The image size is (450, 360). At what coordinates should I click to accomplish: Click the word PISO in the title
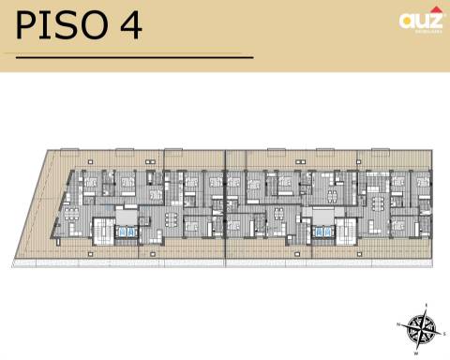[63, 25]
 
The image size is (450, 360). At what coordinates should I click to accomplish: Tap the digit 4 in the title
[130, 25]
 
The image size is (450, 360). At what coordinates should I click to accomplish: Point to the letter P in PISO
[27, 25]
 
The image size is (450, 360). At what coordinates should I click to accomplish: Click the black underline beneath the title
[134, 57]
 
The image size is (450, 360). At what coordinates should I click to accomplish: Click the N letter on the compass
[399, 323]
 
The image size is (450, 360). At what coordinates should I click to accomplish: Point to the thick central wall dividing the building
[225, 202]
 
